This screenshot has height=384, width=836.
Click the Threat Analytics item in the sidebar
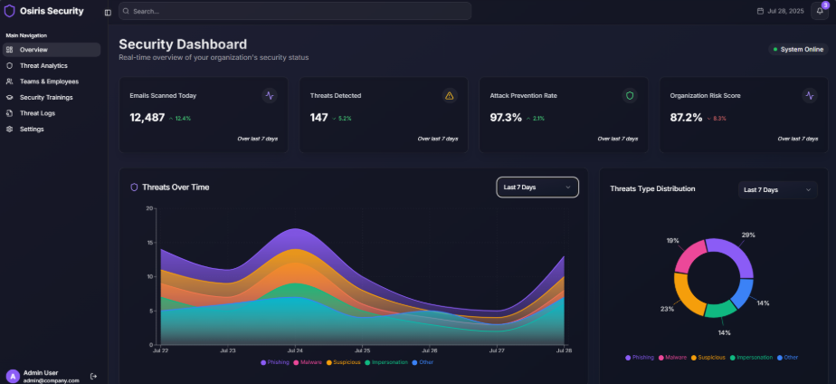43,65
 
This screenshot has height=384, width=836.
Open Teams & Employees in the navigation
48,82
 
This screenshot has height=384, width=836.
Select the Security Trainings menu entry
45,97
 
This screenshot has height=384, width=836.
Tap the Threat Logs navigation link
37,113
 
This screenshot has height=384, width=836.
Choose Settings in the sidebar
32,129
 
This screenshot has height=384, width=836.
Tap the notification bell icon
819,11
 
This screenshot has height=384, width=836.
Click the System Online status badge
797,49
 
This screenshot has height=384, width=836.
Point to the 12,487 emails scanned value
147,118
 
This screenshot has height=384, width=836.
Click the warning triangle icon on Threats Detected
450,95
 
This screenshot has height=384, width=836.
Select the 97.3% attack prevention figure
506,118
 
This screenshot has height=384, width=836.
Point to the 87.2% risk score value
686,118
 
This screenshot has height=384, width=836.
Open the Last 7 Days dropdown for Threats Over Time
537,187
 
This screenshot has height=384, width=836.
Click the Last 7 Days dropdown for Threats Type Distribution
777,189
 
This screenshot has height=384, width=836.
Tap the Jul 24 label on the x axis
295,350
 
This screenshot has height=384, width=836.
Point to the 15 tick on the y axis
150,242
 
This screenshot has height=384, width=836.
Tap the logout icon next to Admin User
93,376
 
